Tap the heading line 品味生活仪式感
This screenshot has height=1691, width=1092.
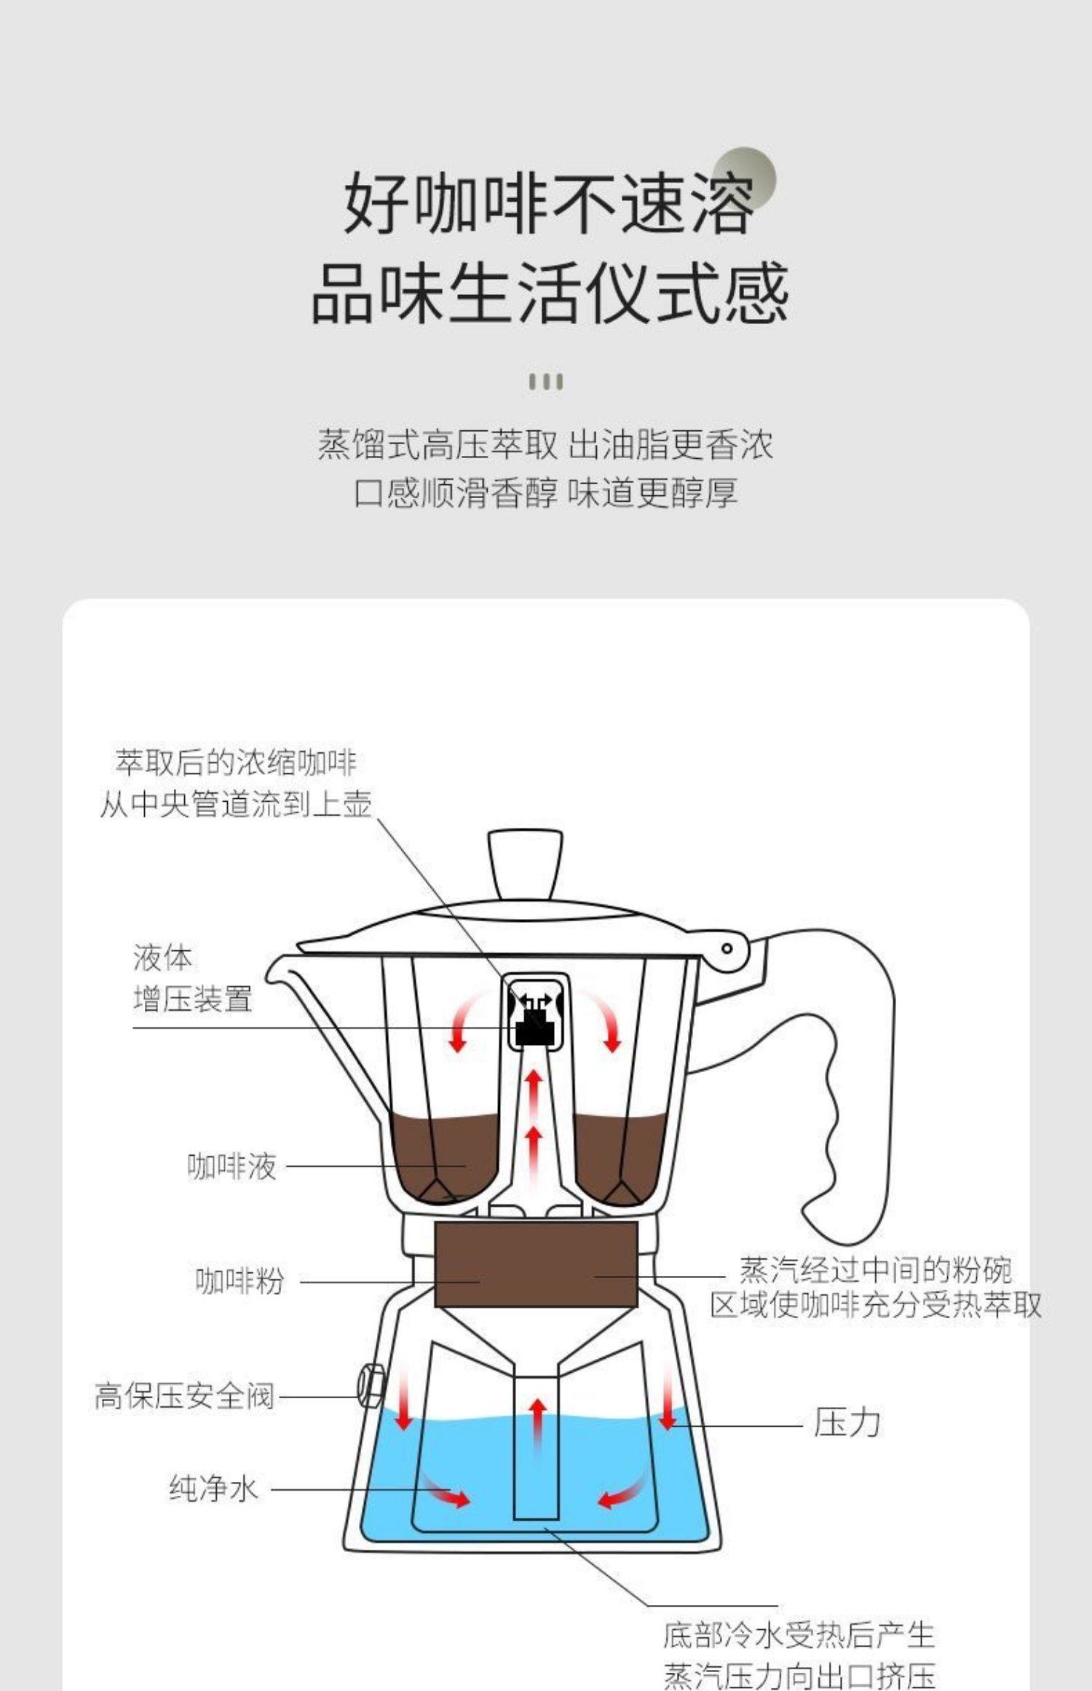coord(550,293)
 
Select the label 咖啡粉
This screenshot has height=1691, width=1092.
coord(240,1282)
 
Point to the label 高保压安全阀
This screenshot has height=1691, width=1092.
coord(184,1396)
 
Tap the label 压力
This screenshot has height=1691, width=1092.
coord(847,1423)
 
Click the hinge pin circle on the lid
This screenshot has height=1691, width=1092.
coord(727,948)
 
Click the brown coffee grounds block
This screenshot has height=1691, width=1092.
coord(536,1264)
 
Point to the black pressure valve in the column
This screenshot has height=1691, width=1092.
coord(534,1025)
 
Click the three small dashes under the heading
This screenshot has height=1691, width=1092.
coord(545,382)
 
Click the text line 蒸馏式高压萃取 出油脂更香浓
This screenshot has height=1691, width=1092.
coord(545,445)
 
